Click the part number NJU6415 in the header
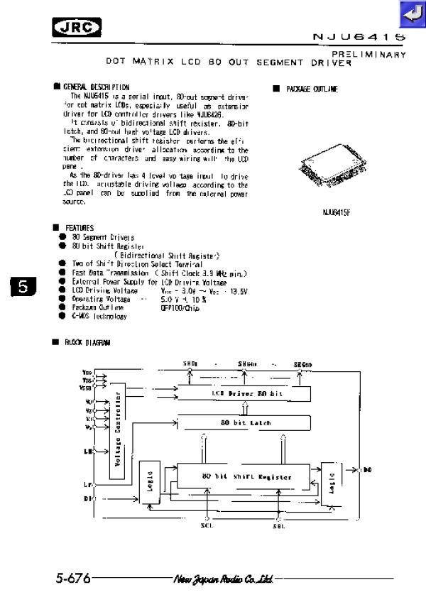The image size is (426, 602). pos(360,35)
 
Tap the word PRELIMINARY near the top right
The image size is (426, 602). pos(368,54)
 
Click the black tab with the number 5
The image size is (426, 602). pos(23,288)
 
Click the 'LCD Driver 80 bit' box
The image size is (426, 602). pos(243,393)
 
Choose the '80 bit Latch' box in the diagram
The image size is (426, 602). pos(243,422)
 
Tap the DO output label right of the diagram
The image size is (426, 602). pos(367,470)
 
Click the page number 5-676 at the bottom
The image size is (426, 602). pos(73,579)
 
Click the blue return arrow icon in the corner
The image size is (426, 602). pos(411,13)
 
